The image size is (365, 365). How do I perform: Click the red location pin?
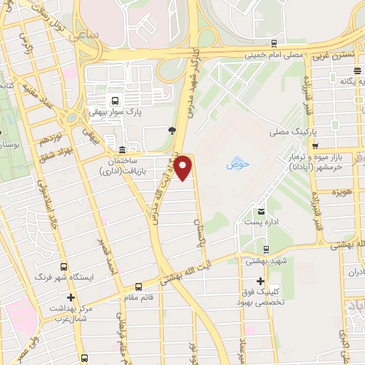[x=184, y=167]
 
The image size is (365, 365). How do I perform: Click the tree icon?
[x=171, y=130]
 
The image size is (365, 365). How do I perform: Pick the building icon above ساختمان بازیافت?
[x=123, y=150]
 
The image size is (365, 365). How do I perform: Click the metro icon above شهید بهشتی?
[x=265, y=250]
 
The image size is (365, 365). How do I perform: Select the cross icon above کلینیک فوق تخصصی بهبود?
[x=259, y=280]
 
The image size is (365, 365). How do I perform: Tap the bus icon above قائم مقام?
[x=138, y=287]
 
